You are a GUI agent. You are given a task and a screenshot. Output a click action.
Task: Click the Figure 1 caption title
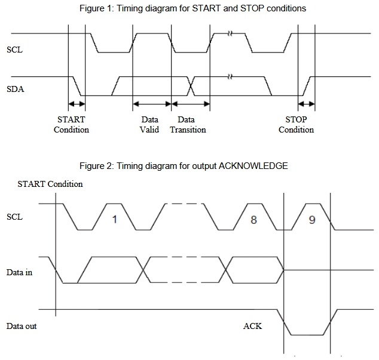pyautogui.click(x=192, y=8)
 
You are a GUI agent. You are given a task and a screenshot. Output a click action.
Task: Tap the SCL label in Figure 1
pyautogui.click(x=14, y=50)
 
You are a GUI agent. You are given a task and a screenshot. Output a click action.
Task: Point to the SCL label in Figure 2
pyautogui.click(x=14, y=217)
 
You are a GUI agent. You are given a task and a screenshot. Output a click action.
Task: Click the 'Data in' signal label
pyautogui.click(x=19, y=273)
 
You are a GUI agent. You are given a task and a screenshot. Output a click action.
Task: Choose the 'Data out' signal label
pyautogui.click(x=22, y=326)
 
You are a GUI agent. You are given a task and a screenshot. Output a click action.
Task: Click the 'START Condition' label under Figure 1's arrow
pyautogui.click(x=71, y=124)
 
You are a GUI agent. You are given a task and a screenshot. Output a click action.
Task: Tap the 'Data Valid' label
pyautogui.click(x=149, y=124)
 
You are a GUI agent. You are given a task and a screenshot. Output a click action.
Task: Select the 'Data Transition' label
pyautogui.click(x=188, y=124)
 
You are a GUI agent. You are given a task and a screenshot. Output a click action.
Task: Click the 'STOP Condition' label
pyautogui.click(x=296, y=124)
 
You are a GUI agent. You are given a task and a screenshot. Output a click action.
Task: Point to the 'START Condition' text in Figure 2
pyautogui.click(x=50, y=184)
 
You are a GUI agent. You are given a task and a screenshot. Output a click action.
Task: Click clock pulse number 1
pyautogui.click(x=115, y=219)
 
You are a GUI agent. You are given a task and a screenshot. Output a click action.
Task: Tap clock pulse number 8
pyautogui.click(x=253, y=219)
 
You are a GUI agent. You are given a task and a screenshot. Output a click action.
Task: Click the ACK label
pyautogui.click(x=252, y=326)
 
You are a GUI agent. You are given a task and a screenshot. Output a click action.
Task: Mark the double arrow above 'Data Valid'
pyautogui.click(x=152, y=104)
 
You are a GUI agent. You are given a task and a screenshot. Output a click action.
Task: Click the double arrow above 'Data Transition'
pyautogui.click(x=191, y=104)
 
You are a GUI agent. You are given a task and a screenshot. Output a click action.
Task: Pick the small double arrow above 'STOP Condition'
pyautogui.click(x=307, y=104)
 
